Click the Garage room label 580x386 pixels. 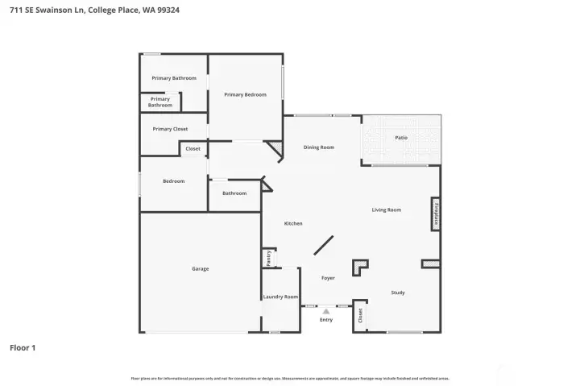pyautogui.click(x=200, y=268)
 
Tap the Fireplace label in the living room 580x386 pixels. pyautogui.click(x=436, y=214)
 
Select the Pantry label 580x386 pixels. pyautogui.click(x=268, y=258)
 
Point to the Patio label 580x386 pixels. pyautogui.click(x=401, y=138)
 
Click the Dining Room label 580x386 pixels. pyautogui.click(x=319, y=147)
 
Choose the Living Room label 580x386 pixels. pyautogui.click(x=387, y=210)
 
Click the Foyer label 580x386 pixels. pyautogui.click(x=328, y=278)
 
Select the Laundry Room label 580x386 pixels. pyautogui.click(x=280, y=297)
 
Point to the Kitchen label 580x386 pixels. pyautogui.click(x=293, y=223)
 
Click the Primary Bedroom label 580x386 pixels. pyautogui.click(x=245, y=94)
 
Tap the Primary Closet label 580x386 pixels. pyautogui.click(x=170, y=129)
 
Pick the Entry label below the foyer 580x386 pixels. pyautogui.click(x=326, y=320)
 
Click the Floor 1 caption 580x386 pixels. pyautogui.click(x=23, y=348)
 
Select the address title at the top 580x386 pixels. pyautogui.click(x=95, y=10)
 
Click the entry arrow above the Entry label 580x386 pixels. pyautogui.click(x=325, y=309)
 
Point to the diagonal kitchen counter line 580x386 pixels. pyautogui.click(x=325, y=246)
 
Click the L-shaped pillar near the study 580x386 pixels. pyautogui.click(x=358, y=268)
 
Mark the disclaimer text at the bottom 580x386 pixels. pyautogui.click(x=290, y=378)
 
